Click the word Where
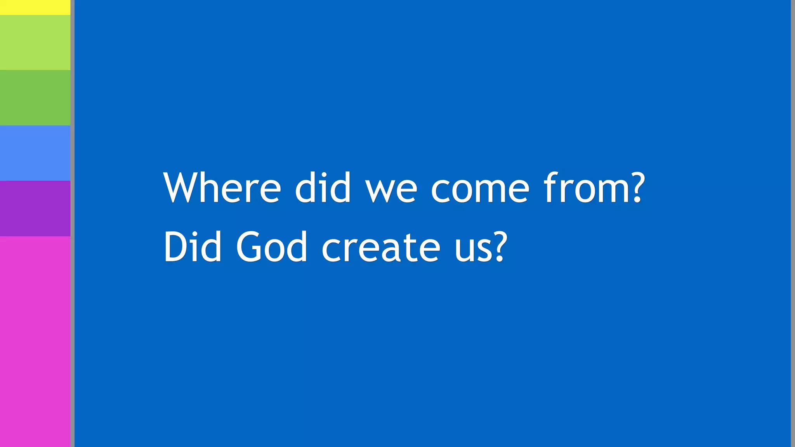pyautogui.click(x=222, y=188)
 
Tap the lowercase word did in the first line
pyautogui.click(x=323, y=188)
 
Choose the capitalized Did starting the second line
pyautogui.click(x=193, y=247)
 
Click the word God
pyautogui.click(x=272, y=247)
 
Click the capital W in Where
pyautogui.click(x=181, y=188)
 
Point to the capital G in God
pyautogui.click(x=248, y=247)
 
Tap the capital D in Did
pyautogui.click(x=175, y=247)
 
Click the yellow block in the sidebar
pyautogui.click(x=35, y=7)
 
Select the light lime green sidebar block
pyautogui.click(x=35, y=42)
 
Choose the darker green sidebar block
pyautogui.click(x=35, y=97)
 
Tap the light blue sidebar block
pyautogui.click(x=35, y=153)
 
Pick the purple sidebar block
pyautogui.click(x=35, y=208)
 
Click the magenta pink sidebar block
pyautogui.click(x=35, y=341)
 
